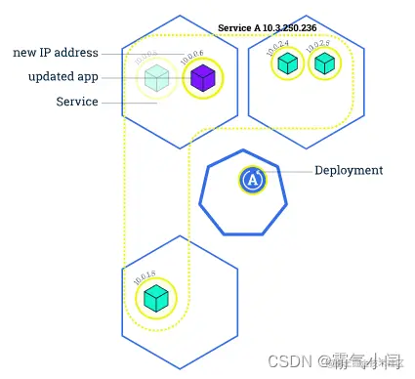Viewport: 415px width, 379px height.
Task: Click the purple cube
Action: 203,78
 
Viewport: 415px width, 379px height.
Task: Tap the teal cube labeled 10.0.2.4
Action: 287,63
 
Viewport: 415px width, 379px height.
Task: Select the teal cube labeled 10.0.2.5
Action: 324,63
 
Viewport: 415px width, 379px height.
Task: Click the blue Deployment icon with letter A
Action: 253,179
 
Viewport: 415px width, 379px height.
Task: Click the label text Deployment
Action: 349,171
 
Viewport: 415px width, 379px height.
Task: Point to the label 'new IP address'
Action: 56,53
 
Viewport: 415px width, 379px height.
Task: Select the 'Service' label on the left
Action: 77,102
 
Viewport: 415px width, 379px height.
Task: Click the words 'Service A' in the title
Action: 239,28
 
